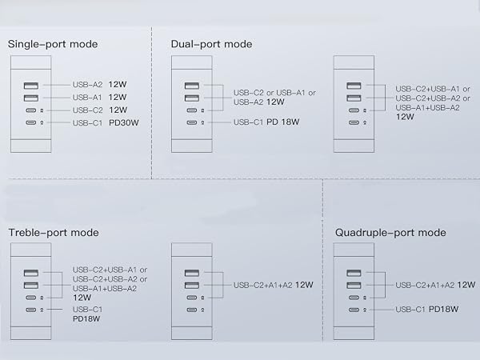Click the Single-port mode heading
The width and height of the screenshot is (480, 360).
[53, 44]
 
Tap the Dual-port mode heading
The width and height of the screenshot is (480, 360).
[211, 44]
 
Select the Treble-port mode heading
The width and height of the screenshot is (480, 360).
[54, 233]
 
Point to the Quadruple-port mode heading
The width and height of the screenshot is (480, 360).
[390, 233]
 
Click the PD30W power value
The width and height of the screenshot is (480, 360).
[124, 122]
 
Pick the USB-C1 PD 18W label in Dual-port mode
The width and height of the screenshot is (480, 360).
[266, 122]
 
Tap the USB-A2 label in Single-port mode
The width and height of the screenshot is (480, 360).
[87, 85]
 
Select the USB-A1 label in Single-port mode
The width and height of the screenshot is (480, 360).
[87, 98]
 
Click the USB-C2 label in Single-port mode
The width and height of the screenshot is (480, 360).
[87, 110]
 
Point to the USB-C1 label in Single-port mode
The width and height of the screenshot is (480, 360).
[87, 123]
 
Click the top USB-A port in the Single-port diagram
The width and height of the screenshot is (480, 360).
[31, 86]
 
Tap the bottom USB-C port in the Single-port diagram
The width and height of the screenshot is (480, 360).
[31, 122]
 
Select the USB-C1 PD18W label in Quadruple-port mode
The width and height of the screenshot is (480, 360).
[426, 310]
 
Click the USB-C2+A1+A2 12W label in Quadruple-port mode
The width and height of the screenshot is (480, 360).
[435, 286]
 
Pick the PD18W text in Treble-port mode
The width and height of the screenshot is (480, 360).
[86, 319]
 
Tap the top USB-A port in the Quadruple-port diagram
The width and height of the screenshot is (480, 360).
[354, 273]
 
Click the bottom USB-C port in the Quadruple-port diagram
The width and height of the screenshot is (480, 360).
[354, 310]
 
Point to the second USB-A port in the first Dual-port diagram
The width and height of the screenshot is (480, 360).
[192, 98]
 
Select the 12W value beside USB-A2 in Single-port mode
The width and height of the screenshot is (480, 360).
[118, 85]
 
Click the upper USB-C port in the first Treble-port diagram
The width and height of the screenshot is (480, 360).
[31, 298]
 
